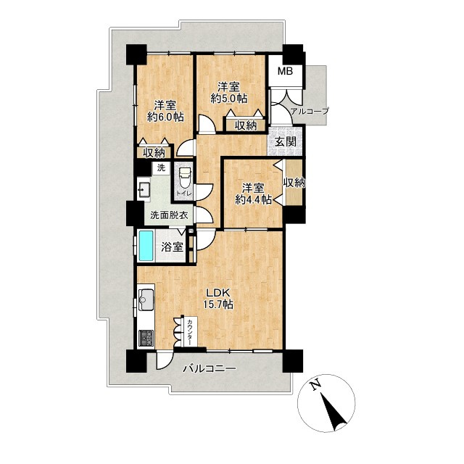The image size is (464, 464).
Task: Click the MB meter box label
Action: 285,71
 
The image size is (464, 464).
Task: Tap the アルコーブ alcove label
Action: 310,111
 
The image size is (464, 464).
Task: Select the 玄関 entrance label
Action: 285,142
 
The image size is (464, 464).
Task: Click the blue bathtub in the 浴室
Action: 146,246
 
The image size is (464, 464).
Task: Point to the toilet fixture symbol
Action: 185,179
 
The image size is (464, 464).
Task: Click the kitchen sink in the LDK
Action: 146,299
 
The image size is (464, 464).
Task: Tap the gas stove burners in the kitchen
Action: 146,338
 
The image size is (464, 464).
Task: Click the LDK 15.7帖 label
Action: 217,299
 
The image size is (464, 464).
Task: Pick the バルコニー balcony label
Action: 209,369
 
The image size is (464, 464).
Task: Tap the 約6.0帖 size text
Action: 166,117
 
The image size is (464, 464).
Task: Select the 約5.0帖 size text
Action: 229,99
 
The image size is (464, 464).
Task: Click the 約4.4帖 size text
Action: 253,200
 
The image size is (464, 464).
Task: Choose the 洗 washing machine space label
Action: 161,167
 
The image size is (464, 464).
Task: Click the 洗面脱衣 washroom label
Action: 169,215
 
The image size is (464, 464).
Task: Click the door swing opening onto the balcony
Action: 163,360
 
